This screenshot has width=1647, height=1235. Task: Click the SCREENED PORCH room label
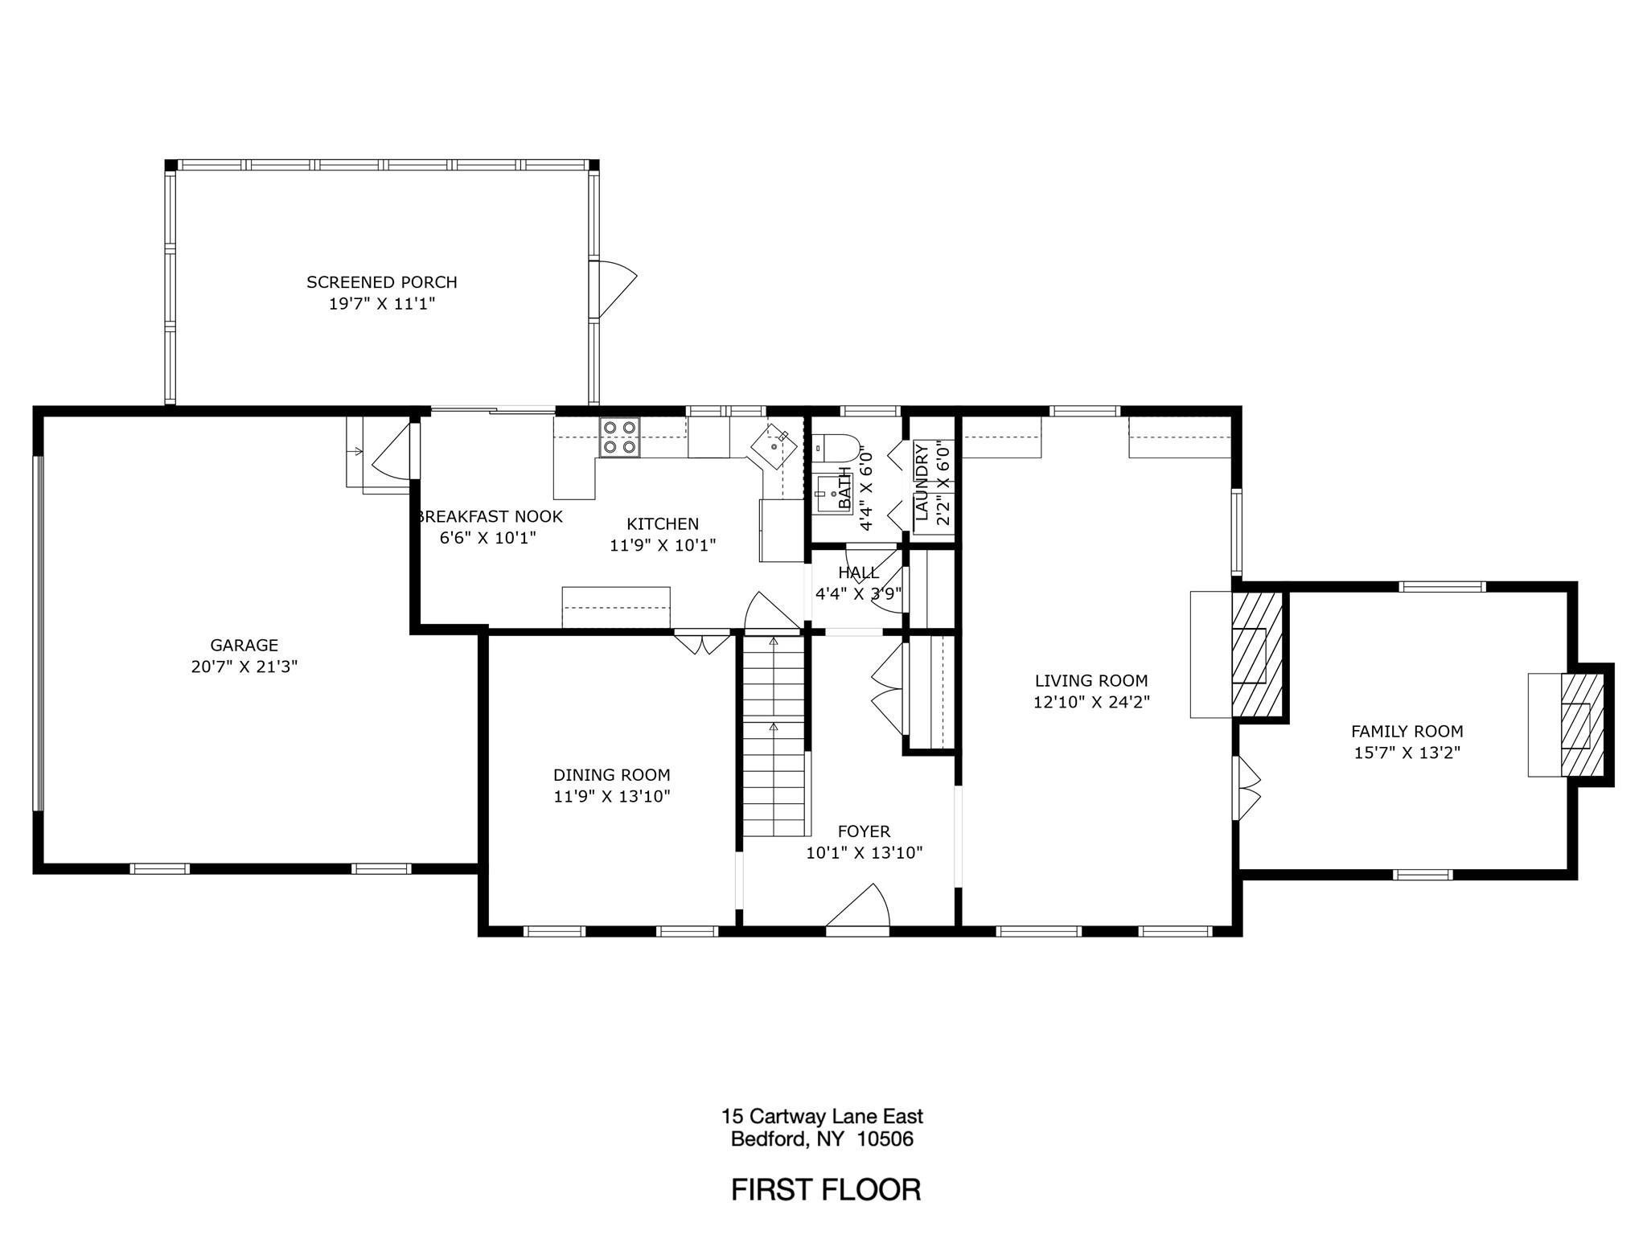click(381, 282)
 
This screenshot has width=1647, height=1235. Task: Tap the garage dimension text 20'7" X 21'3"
click(244, 667)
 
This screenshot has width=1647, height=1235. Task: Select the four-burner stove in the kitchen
click(619, 438)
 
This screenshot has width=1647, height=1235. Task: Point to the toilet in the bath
click(835, 447)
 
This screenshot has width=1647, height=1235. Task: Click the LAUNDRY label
click(922, 482)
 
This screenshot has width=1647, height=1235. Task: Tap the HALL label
click(858, 572)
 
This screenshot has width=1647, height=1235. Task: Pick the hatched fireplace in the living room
click(1256, 655)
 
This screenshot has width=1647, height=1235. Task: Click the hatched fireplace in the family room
click(1581, 725)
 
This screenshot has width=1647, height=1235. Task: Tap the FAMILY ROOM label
click(1407, 732)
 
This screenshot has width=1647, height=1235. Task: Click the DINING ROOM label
click(611, 775)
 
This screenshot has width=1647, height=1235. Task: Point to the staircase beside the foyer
click(774, 736)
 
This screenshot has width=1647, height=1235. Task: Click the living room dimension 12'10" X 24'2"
click(1091, 702)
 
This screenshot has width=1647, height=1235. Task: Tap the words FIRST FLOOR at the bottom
click(825, 1189)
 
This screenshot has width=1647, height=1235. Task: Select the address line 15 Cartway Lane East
click(822, 1116)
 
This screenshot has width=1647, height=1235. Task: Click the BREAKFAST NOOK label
click(491, 516)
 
